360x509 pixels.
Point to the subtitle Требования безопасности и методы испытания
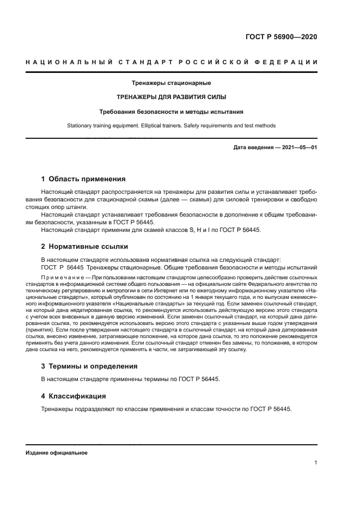[x=171, y=112]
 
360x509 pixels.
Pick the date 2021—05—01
[x=297, y=148]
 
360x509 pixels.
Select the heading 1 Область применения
[x=83, y=179]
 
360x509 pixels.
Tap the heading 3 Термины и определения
[x=89, y=366]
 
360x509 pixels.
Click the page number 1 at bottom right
[x=315, y=463]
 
